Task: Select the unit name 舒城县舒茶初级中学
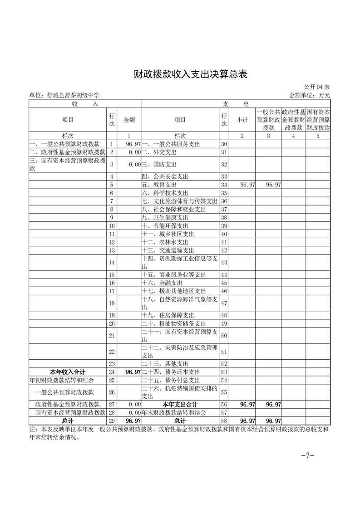(64, 95)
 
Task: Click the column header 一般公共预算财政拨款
(268, 120)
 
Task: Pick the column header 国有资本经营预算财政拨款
(318, 120)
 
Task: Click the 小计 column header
(242, 120)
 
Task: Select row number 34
(224, 185)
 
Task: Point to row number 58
(224, 421)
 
